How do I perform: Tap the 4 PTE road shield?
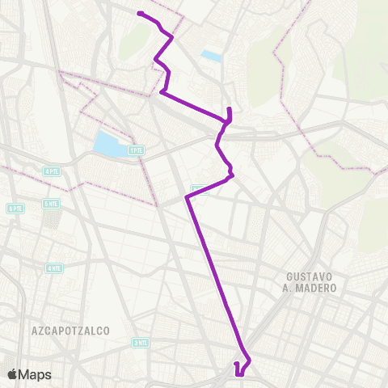[52, 171]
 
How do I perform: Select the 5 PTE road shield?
[15, 208]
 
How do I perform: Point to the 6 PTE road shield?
[52, 204]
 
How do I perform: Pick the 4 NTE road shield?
[54, 268]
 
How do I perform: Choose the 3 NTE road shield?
[141, 343]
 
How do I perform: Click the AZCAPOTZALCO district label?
[70, 331]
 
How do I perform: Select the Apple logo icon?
[13, 374]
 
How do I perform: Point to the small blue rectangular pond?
[211, 56]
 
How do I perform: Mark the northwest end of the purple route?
[139, 13]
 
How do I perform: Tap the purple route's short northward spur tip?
[230, 108]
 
